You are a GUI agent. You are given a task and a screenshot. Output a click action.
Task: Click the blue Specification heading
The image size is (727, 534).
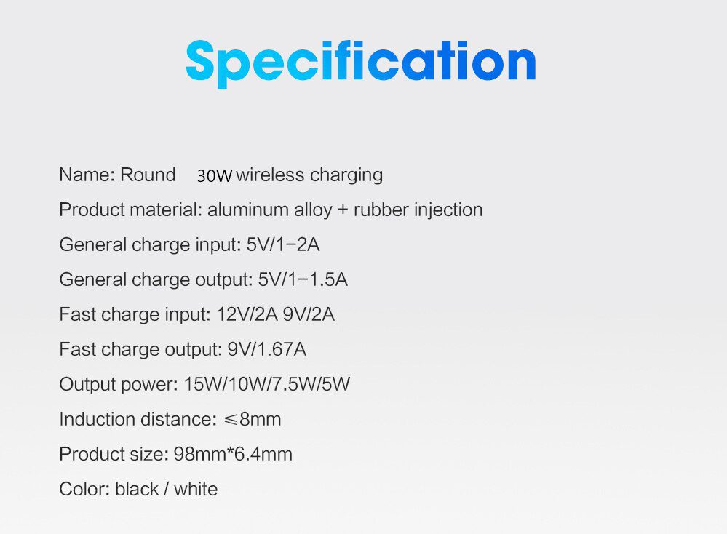click(x=361, y=63)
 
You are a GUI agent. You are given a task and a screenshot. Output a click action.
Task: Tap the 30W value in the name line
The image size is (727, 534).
click(x=214, y=176)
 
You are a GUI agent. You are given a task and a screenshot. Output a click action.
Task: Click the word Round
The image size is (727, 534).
click(x=148, y=175)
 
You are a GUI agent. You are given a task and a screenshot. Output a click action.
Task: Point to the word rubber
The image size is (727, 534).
click(x=381, y=210)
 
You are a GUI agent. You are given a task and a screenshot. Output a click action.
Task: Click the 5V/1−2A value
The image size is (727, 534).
click(x=283, y=244)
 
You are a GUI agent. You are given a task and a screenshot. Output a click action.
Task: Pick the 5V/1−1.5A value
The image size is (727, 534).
click(x=303, y=279)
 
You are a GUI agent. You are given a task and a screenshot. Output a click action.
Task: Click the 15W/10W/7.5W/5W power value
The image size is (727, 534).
click(x=266, y=384)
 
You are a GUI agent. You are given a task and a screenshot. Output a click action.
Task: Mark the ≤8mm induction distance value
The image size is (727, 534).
click(x=252, y=419)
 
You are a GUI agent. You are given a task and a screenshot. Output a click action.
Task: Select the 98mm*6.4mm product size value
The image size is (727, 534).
click(x=233, y=455)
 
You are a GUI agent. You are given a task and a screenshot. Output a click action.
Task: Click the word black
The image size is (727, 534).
click(x=136, y=489)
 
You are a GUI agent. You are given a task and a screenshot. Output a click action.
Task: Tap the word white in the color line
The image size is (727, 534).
click(x=196, y=489)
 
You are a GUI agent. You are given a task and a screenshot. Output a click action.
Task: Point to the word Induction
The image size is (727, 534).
click(x=95, y=419)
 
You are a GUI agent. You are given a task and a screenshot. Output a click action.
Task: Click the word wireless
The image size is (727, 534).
click(x=270, y=175)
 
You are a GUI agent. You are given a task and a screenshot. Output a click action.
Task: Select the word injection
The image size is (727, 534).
click(x=448, y=210)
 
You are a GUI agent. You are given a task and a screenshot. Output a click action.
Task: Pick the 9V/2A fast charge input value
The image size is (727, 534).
click(x=309, y=314)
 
